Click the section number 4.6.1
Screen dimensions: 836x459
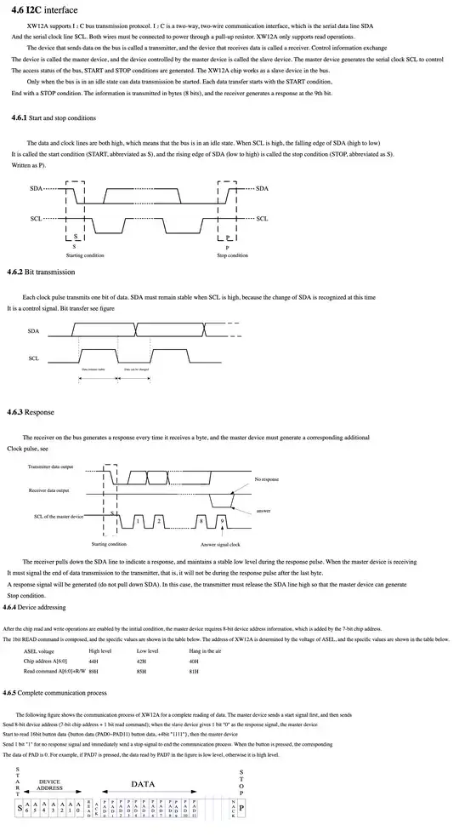[x=19, y=117]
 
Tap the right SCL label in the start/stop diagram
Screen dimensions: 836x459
[x=263, y=218]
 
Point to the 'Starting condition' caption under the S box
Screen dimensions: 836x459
[x=85, y=255]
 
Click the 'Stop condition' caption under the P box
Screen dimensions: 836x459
[x=233, y=255]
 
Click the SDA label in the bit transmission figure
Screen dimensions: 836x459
[x=33, y=329]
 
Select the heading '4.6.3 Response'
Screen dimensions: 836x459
[x=31, y=412]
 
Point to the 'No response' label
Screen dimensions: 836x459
[x=266, y=480]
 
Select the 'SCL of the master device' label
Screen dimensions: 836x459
[x=59, y=516]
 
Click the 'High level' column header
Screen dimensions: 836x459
[x=100, y=650]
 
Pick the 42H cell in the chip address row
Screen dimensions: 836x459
[x=141, y=660]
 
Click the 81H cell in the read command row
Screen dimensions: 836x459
[x=194, y=671]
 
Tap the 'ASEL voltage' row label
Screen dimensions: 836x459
[x=38, y=650]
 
